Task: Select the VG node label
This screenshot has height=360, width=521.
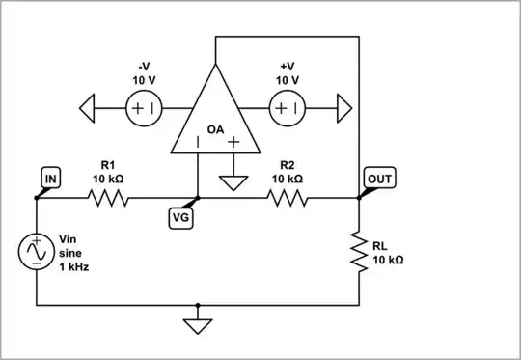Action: pos(180,219)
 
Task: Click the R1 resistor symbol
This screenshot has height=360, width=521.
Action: pos(107,199)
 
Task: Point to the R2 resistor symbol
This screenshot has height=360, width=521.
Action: pos(288,199)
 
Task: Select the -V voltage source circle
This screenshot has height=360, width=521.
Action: pos(144,109)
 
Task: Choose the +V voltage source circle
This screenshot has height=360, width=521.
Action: pos(287,109)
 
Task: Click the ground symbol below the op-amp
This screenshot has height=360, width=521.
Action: pos(232,181)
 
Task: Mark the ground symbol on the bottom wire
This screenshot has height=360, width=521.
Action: pos(198,324)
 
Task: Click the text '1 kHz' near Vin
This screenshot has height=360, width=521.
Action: pos(74,267)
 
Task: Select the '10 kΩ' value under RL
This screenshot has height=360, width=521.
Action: pos(388,261)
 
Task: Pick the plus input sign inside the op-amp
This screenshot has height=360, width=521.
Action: pos(232,143)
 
